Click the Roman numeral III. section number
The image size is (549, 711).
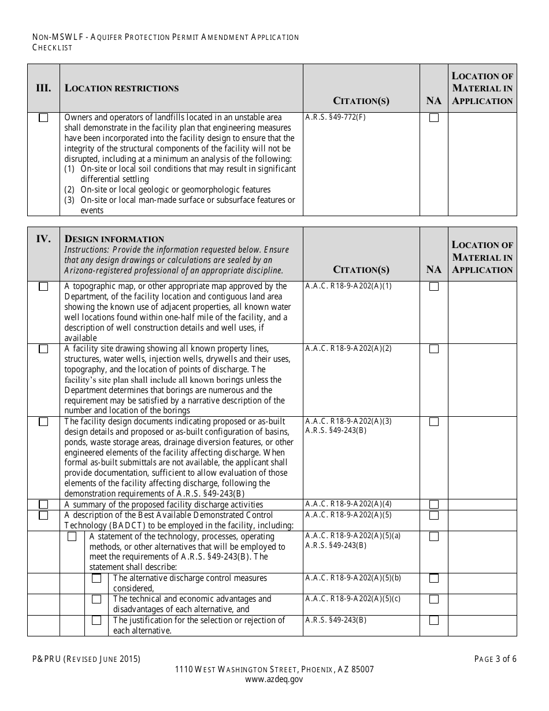(x=43, y=88)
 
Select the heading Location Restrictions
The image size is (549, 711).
(x=121, y=88)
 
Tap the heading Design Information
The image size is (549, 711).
(x=114, y=239)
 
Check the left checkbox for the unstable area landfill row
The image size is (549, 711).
(x=43, y=118)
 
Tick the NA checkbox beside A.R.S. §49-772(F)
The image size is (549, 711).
(x=434, y=118)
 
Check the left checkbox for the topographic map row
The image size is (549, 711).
(x=43, y=287)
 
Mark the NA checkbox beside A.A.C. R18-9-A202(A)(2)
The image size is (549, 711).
(x=434, y=349)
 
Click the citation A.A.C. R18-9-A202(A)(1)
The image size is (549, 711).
(x=348, y=286)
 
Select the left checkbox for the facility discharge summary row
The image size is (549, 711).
(x=43, y=505)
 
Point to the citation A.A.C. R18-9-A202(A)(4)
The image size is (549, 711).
(x=348, y=504)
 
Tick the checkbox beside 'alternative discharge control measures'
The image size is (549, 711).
(x=97, y=578)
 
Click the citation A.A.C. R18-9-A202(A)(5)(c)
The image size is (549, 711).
(x=353, y=599)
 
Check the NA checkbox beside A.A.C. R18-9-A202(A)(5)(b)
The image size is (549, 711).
(x=434, y=578)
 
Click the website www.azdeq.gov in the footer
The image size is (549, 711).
(x=274, y=680)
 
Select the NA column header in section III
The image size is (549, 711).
(x=434, y=101)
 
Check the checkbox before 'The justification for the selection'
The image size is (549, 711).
(x=97, y=620)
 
